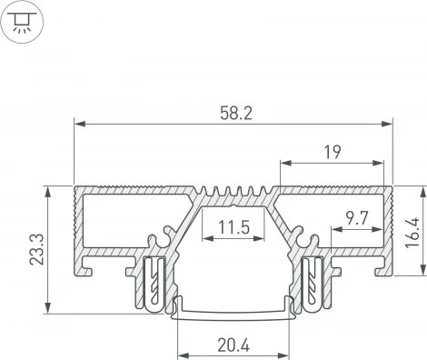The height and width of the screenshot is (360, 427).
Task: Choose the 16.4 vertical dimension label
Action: click(414, 231)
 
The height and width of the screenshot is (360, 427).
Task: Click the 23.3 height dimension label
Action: click(35, 250)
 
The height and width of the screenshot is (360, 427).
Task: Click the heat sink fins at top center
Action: click(232, 192)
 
